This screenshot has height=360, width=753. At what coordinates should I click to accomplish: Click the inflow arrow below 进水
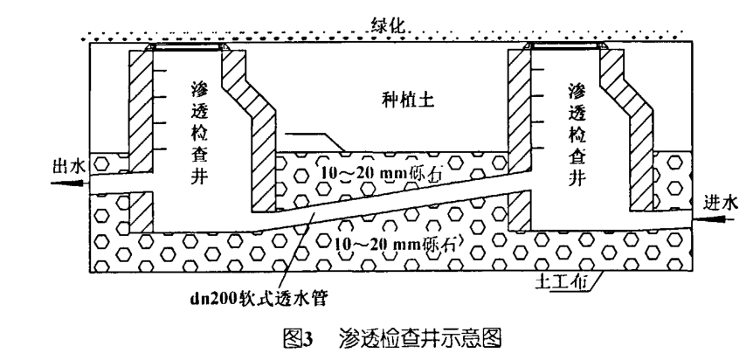point(720,219)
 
